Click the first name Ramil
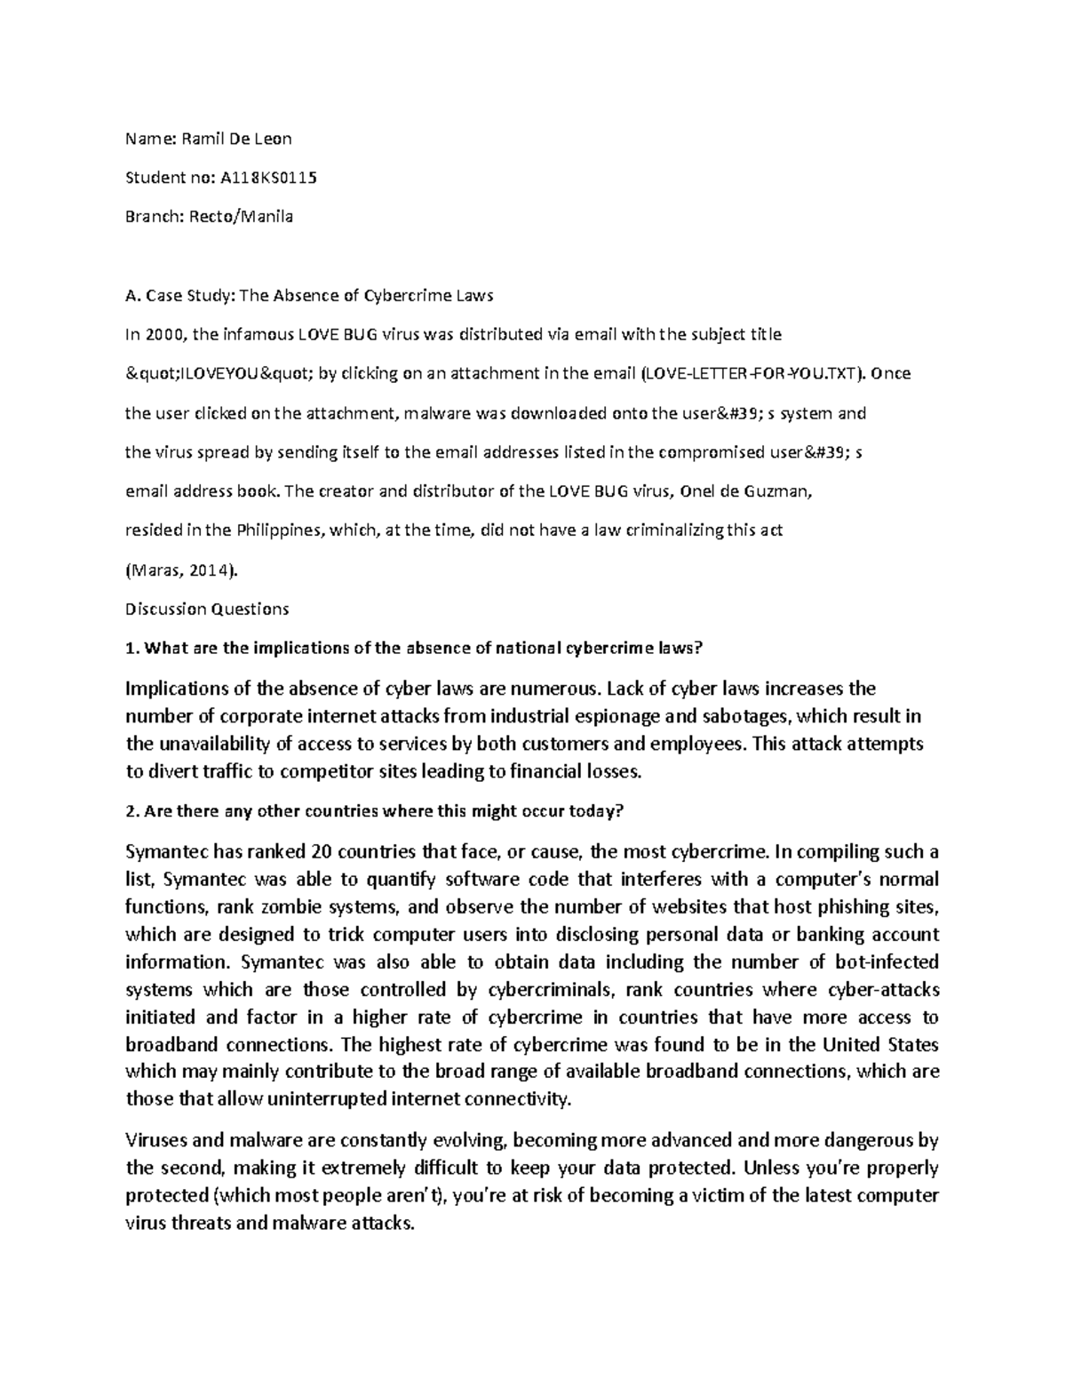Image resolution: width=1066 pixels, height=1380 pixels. point(203,139)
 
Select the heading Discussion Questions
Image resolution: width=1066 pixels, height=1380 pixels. point(207,610)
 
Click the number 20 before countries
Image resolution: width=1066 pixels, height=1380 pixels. point(318,852)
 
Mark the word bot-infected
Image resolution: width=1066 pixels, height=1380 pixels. point(887,962)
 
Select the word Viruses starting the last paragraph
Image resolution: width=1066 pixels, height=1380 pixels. point(155,1140)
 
